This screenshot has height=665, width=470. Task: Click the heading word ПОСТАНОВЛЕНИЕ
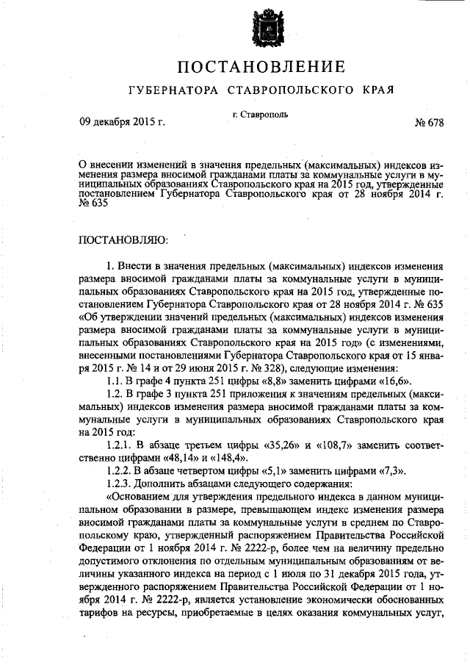click(x=261, y=68)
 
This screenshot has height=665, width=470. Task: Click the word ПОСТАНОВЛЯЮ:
click(x=123, y=240)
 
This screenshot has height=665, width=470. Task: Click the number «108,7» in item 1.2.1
click(x=336, y=446)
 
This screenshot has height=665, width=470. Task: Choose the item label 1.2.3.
click(x=120, y=484)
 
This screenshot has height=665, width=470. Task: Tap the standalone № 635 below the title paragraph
click(x=93, y=204)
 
